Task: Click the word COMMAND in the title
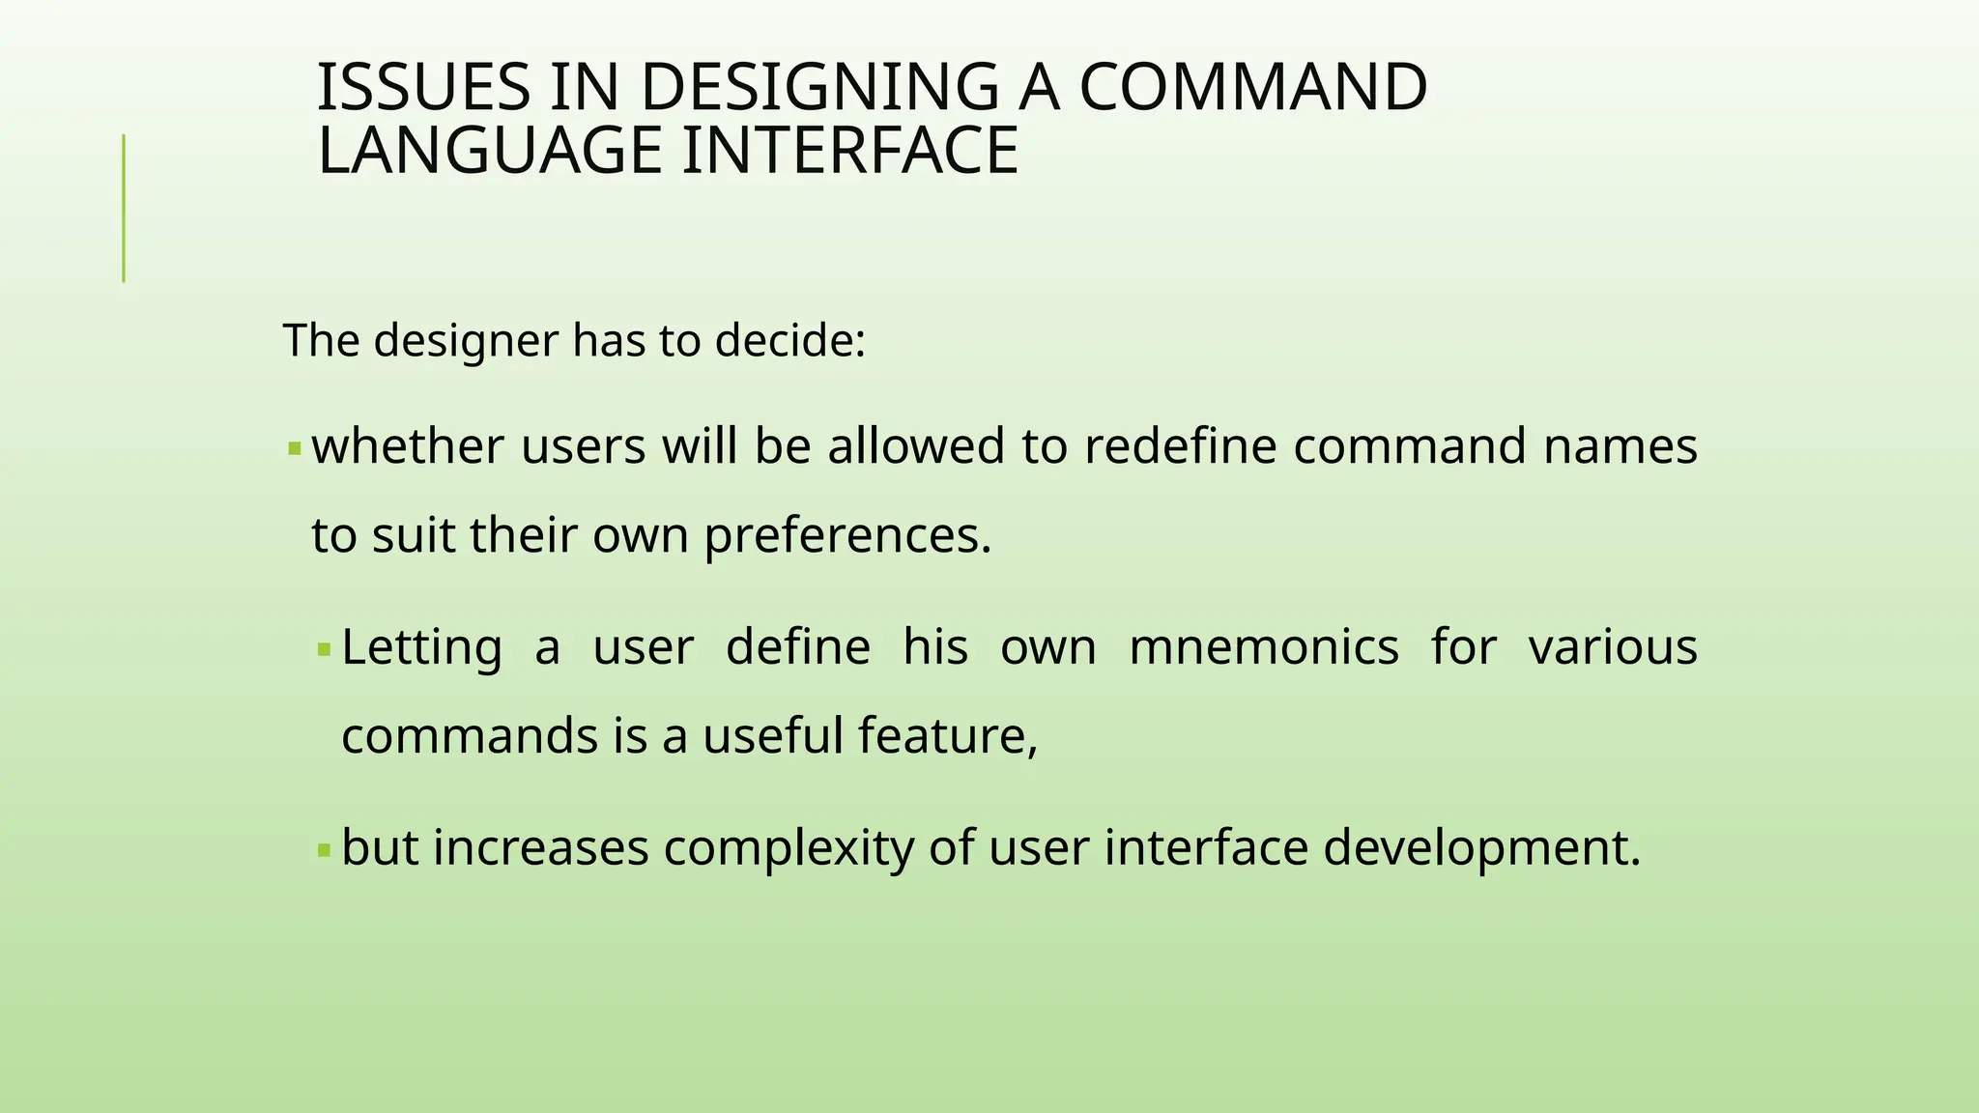(x=1252, y=87)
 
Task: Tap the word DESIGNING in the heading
(x=818, y=87)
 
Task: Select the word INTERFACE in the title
(x=849, y=151)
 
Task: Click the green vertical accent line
(x=124, y=208)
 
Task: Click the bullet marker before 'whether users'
(x=295, y=449)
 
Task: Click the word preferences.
(x=847, y=536)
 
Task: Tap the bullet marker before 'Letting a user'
(x=325, y=649)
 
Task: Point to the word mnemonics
(x=1263, y=647)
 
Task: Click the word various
(x=1612, y=647)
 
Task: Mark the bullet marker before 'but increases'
(x=325, y=851)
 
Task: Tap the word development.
(x=1481, y=849)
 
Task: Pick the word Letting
(x=421, y=647)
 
